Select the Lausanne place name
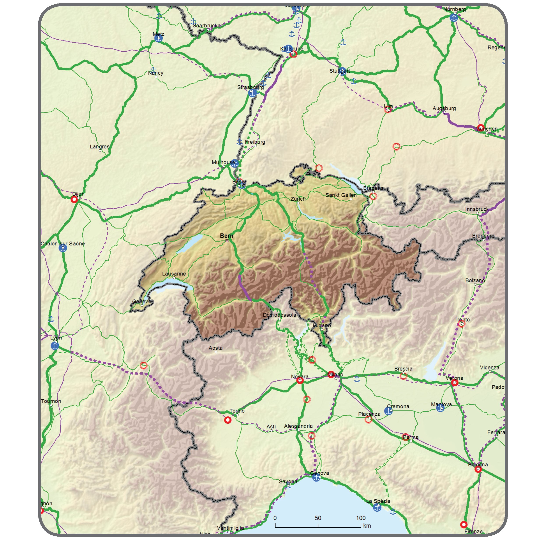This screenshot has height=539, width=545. click(x=174, y=274)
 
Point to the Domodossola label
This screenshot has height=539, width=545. click(x=279, y=315)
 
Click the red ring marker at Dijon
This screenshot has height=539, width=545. click(x=74, y=199)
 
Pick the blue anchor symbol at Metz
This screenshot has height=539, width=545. click(x=159, y=38)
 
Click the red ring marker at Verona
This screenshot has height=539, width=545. click(x=454, y=383)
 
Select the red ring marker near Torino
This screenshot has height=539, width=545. click(x=228, y=420)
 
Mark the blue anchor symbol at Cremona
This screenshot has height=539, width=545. click(x=388, y=411)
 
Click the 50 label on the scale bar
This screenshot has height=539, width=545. click(x=318, y=518)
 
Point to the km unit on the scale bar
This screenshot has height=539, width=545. click(x=367, y=525)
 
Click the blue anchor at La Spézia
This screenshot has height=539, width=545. click(x=377, y=507)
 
